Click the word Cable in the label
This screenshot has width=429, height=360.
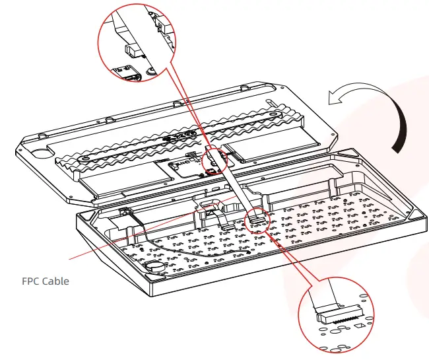point(55,281)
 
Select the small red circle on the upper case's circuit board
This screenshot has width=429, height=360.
point(217,161)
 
